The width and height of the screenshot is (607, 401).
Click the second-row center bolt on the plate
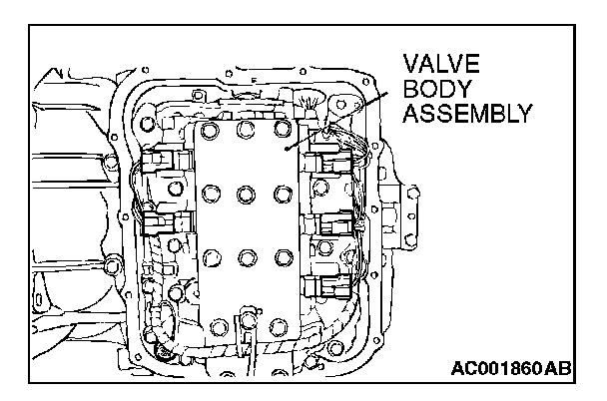tap(245, 193)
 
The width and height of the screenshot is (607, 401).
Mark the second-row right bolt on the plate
tap(282, 192)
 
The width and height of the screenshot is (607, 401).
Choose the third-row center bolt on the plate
tap(246, 256)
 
